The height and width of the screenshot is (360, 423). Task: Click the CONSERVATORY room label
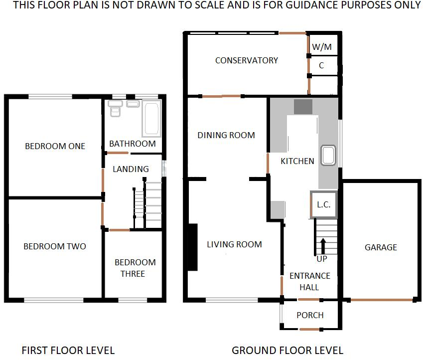coord(246,60)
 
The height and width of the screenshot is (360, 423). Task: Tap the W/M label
coord(321,47)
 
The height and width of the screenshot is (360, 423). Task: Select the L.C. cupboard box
coord(324,204)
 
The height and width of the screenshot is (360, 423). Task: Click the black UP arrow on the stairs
coord(322,246)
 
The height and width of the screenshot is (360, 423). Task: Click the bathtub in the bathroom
coord(150,118)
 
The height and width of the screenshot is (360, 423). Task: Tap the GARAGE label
coord(381,247)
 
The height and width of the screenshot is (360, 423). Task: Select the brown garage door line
coord(382,300)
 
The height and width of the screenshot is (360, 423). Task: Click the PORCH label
coord(310,315)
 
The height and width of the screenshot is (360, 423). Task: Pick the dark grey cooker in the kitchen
coord(303,107)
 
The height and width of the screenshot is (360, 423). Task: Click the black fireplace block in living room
coord(191,247)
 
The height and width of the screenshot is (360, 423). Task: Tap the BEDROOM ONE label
coord(55,146)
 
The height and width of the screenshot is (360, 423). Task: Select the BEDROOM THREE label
coord(135,268)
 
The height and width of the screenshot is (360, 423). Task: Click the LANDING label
coord(131,169)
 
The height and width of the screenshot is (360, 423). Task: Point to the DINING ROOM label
coord(226,135)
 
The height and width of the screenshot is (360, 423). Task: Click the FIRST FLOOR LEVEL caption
coord(68,351)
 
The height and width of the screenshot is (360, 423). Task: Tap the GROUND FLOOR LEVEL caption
coord(287,351)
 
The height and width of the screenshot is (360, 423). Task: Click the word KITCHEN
coord(297,161)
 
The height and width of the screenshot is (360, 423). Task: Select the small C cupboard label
coord(321,65)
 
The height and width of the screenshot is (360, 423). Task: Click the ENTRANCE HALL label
coord(310,281)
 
